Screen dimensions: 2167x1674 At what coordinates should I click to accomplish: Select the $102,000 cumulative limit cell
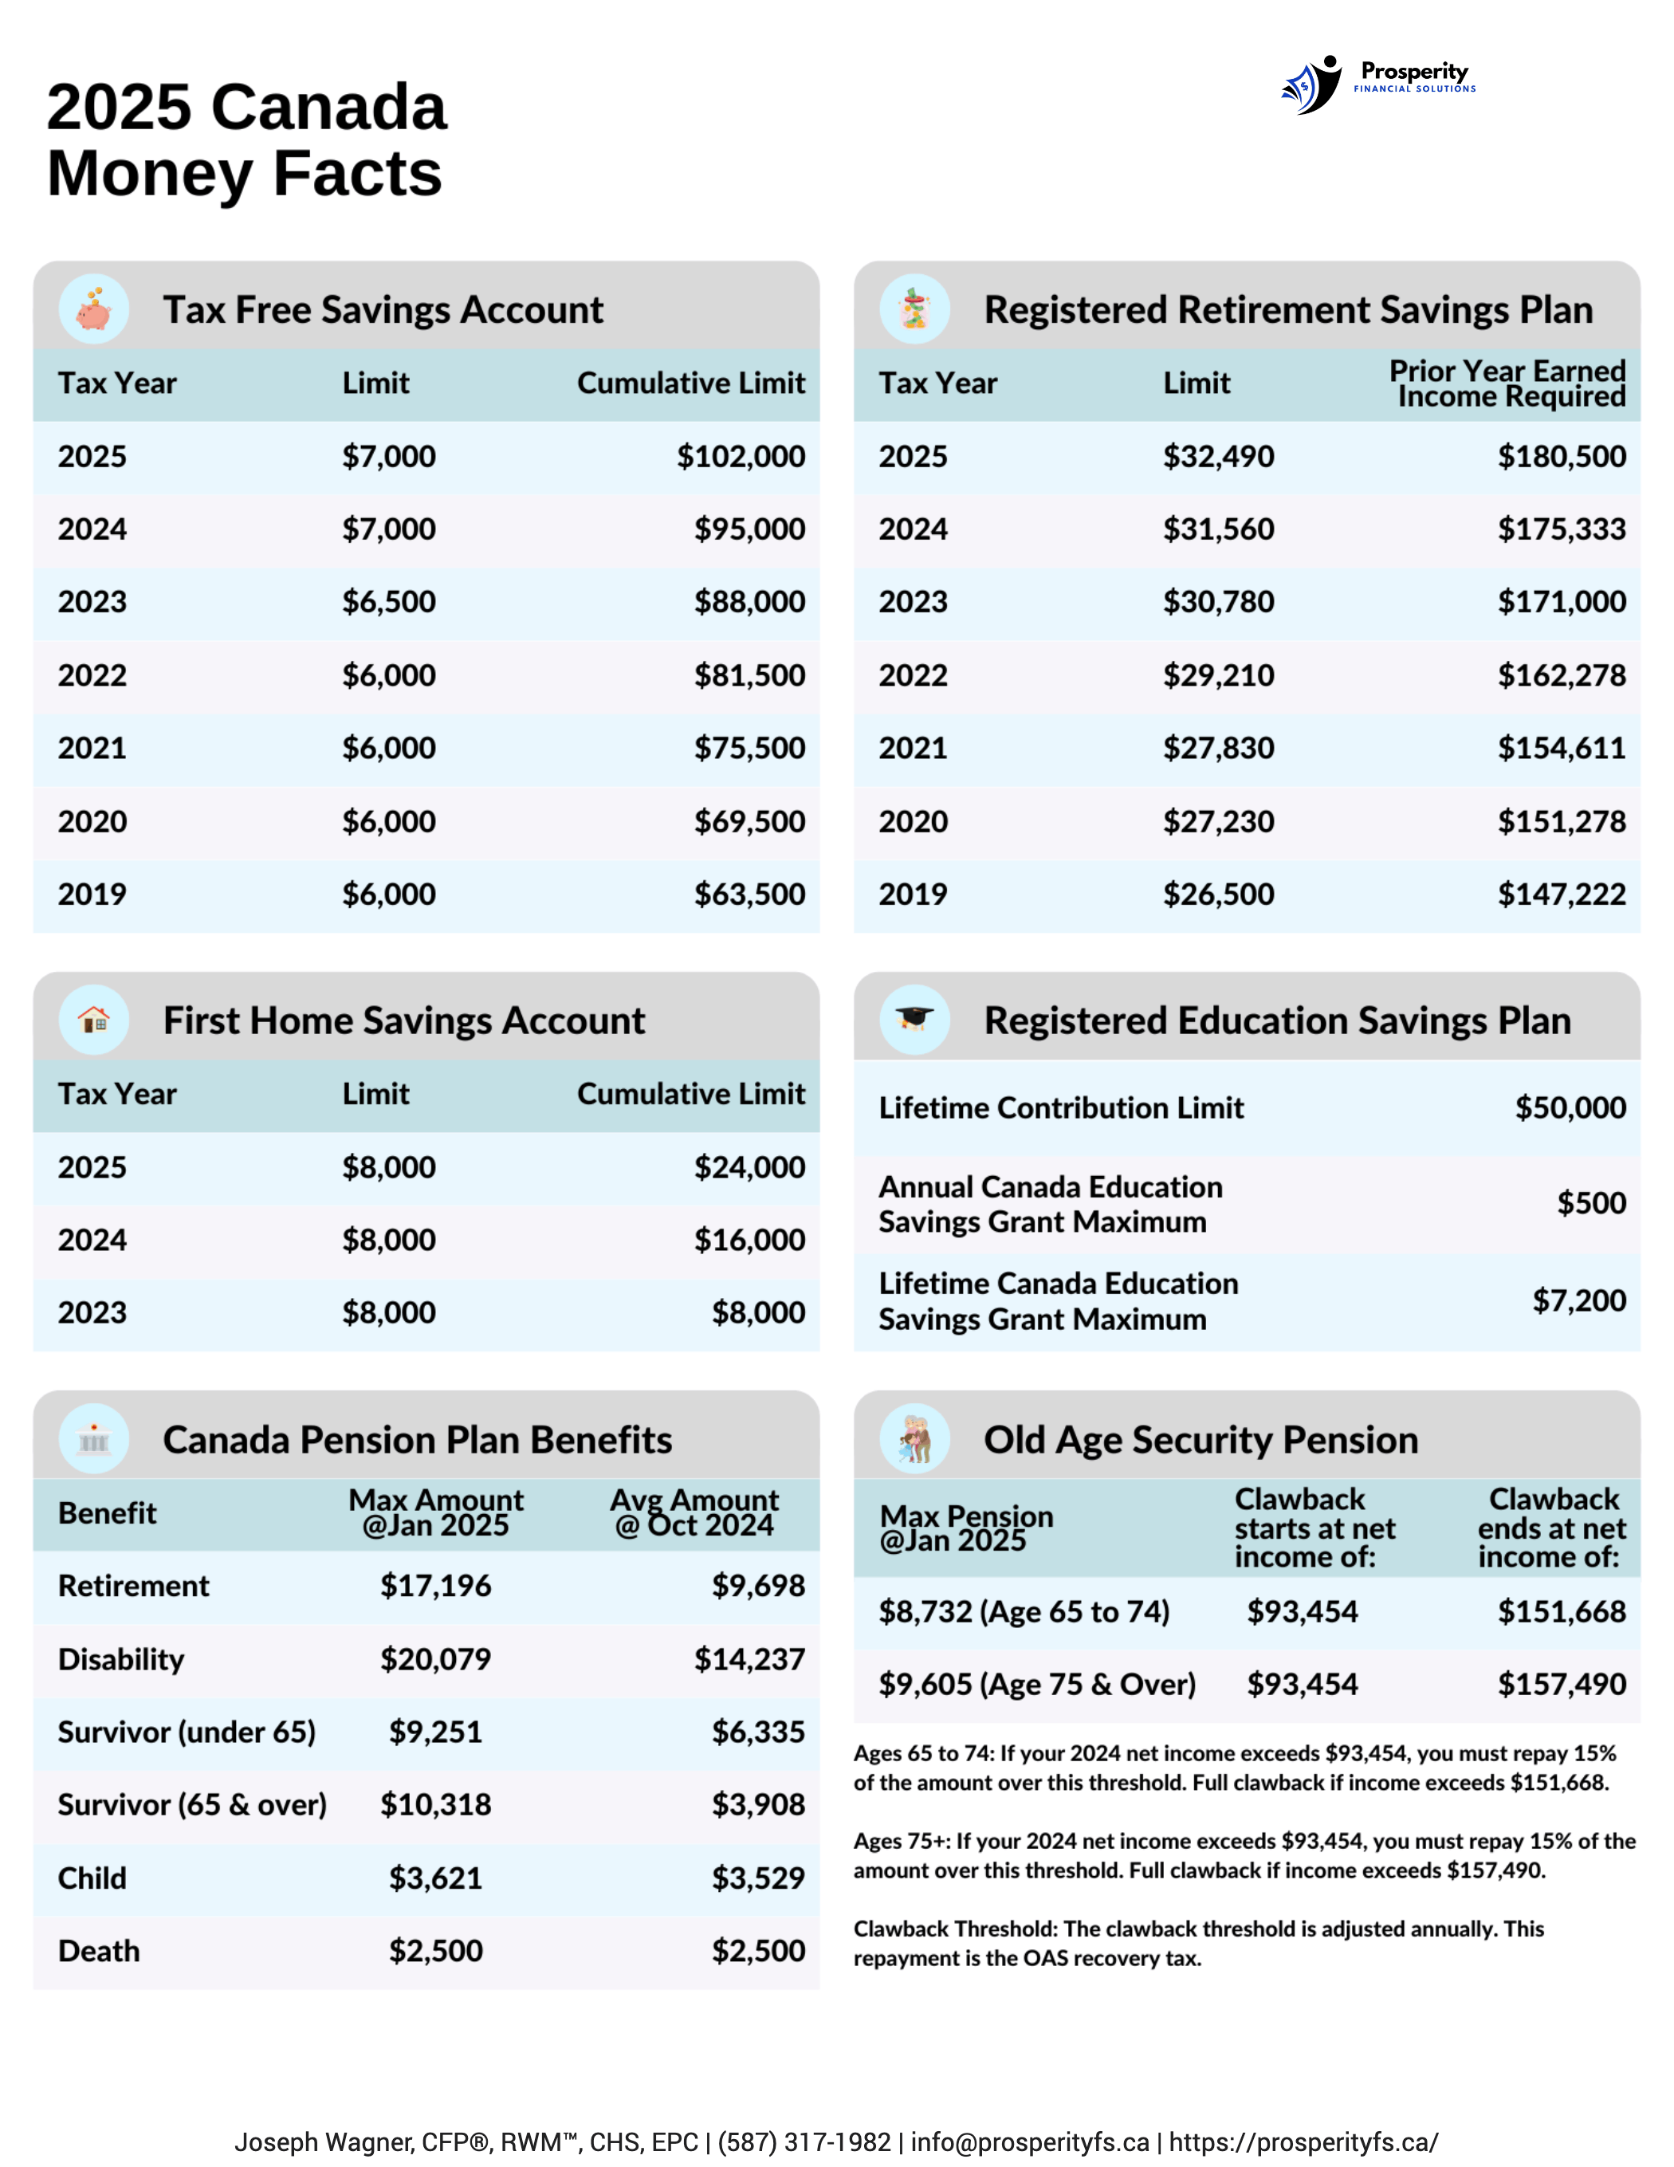point(741,456)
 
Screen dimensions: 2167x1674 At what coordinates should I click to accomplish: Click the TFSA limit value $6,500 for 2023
point(389,602)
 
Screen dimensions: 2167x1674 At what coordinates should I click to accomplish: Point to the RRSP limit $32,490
point(1219,456)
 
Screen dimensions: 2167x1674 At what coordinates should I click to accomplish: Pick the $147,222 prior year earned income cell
point(1561,894)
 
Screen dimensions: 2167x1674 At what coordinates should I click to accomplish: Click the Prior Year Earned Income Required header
point(1507,383)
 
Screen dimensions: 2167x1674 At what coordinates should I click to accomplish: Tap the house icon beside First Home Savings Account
point(94,1020)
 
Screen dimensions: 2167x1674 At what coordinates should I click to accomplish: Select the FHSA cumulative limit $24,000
point(749,1167)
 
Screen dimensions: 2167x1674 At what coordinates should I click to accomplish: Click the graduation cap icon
point(914,1019)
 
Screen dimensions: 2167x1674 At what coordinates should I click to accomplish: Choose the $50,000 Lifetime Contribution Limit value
point(1570,1107)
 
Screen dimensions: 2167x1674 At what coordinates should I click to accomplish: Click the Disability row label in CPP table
point(121,1659)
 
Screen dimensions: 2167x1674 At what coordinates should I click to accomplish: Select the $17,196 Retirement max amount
point(435,1586)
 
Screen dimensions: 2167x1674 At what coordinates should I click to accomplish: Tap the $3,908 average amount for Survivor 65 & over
point(758,1804)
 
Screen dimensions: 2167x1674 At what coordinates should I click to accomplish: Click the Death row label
point(99,1951)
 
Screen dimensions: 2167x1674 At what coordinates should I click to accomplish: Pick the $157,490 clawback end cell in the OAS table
point(1561,1684)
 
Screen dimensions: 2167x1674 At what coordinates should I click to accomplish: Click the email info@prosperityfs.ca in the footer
point(1030,2141)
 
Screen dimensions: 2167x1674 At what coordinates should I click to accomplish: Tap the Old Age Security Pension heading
point(1200,1440)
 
